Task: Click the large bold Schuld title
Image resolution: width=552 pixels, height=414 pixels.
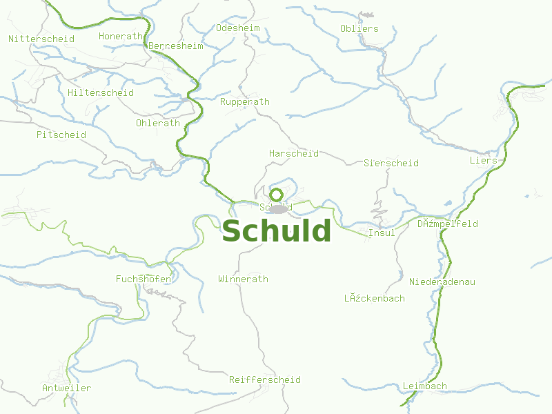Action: (276, 232)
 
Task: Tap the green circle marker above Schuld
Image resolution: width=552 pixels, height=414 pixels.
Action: (276, 195)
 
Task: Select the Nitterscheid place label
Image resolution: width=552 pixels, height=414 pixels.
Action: (41, 39)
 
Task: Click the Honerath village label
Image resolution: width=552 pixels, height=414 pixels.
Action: (121, 36)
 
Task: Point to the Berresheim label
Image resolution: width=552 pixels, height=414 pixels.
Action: (176, 46)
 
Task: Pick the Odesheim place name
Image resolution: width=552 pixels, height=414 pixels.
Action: (237, 28)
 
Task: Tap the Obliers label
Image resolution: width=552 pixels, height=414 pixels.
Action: (359, 28)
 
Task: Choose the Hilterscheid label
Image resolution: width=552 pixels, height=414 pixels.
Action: (101, 92)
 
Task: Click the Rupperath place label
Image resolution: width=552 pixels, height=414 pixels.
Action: (245, 101)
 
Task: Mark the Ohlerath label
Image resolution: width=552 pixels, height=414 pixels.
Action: (158, 124)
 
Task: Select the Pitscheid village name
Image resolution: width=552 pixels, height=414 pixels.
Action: (61, 135)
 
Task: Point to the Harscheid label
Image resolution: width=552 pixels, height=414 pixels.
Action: (294, 153)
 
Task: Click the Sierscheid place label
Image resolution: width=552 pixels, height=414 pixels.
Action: (391, 164)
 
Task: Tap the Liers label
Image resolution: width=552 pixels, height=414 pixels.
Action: (483, 161)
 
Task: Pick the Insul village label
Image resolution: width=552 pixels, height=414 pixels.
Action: (382, 233)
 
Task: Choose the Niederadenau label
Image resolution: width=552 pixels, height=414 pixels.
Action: (442, 282)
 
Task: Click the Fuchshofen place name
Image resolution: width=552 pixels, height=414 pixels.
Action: (144, 279)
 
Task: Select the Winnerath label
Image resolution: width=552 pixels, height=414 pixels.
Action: (243, 279)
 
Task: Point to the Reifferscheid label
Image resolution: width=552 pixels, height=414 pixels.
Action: (265, 380)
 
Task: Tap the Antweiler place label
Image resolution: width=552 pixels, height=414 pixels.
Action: (66, 388)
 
